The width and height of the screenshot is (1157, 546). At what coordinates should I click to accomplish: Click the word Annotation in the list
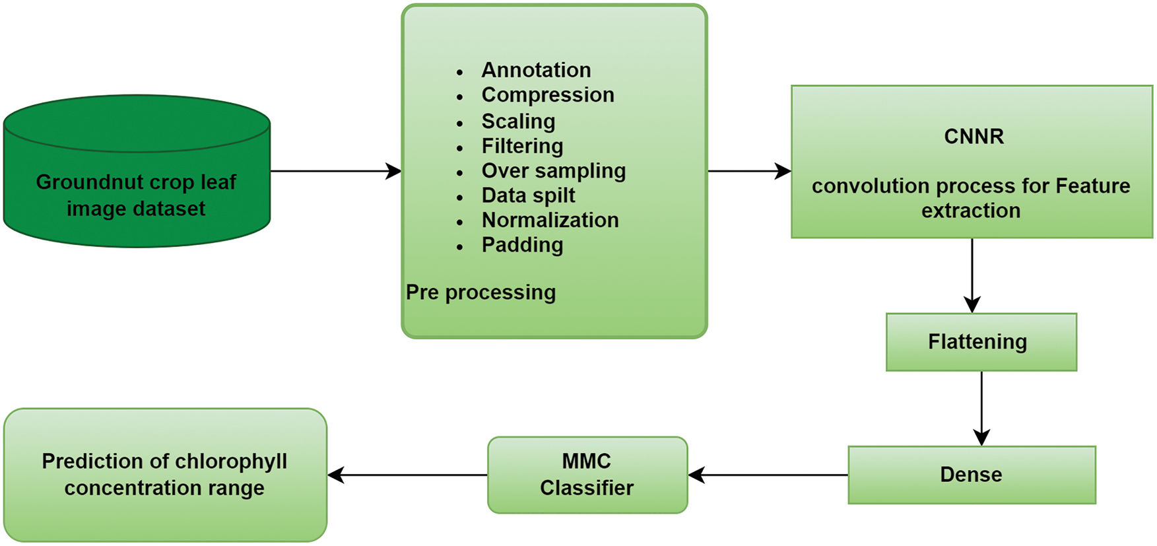point(536,70)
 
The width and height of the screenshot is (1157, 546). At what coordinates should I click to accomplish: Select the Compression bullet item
point(547,95)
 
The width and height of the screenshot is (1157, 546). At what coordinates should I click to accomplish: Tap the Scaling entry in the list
point(518,121)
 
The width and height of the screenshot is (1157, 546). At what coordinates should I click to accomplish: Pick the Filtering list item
point(522,146)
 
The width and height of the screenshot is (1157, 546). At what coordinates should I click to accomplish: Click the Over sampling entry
point(553,171)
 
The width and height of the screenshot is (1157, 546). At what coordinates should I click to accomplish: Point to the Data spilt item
point(528,195)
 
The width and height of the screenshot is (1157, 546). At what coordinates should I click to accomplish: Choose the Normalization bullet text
point(550,220)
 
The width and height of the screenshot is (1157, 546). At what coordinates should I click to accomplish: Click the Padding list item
point(522,245)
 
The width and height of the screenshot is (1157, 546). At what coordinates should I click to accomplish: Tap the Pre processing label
point(480,292)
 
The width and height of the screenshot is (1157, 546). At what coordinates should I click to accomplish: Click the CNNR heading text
point(974,137)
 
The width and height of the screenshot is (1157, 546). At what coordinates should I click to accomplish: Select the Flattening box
point(981,342)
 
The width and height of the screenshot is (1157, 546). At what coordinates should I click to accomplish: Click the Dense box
point(972,475)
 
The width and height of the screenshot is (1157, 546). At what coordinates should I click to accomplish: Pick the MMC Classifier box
point(587,475)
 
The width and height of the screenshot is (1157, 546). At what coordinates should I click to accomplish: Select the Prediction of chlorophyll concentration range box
point(165,475)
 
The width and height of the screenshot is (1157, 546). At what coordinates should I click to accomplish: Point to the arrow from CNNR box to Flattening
point(972,275)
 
